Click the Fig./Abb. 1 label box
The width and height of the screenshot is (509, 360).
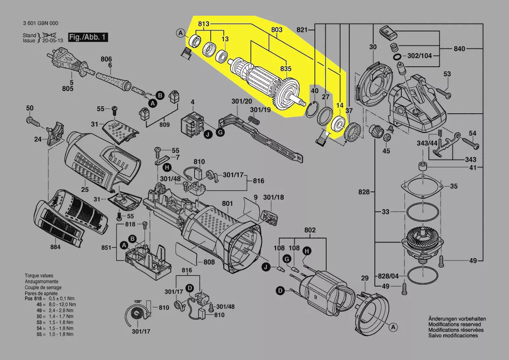point(88,37)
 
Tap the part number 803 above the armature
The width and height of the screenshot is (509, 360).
point(277,30)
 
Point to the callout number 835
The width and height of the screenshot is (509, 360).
point(286,68)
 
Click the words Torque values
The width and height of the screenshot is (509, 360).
point(39,276)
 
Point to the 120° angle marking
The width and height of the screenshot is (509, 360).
point(138,302)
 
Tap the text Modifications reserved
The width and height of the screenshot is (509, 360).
point(455,324)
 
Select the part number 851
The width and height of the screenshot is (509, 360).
point(106,248)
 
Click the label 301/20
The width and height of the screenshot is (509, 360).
point(242,101)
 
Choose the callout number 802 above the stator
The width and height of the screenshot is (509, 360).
point(310,230)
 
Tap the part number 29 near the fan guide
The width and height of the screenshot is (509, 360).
point(364,278)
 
